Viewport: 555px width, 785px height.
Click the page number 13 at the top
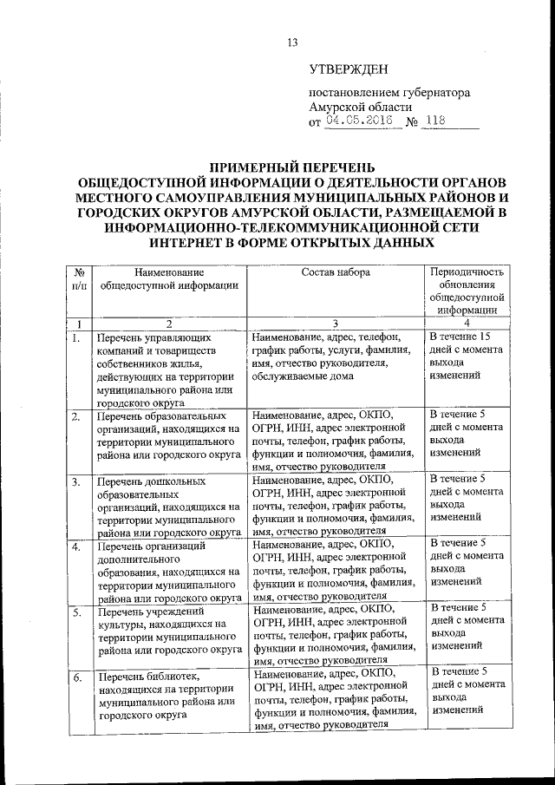(x=292, y=44)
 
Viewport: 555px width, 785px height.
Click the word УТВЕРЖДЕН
(x=349, y=70)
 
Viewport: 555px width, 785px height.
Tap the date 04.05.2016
(x=359, y=121)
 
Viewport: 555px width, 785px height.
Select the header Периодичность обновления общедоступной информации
(x=467, y=290)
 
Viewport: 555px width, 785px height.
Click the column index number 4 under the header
(x=467, y=323)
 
